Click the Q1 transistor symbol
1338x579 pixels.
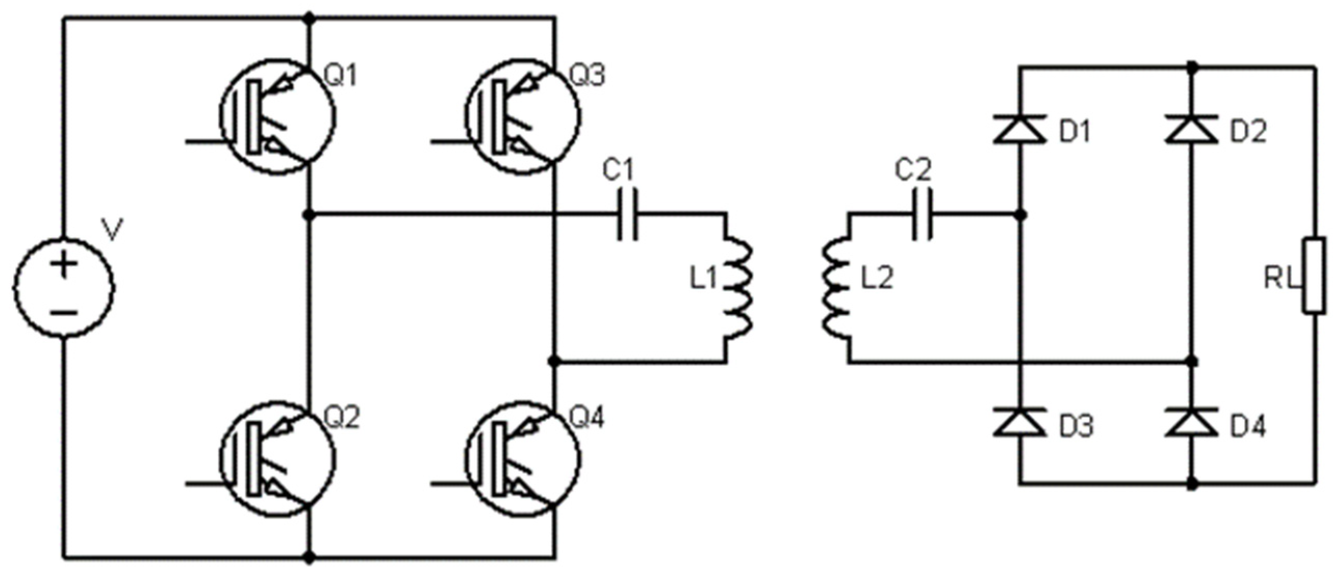pos(277,116)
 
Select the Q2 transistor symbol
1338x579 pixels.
pos(277,458)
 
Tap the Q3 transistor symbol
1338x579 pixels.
pos(522,116)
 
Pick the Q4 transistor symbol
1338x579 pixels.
pos(522,458)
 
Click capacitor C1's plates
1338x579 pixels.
pos(627,214)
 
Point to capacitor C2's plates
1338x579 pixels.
pos(923,214)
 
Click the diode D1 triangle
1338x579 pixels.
pos(1019,129)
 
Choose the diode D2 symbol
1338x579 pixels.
pos(1192,129)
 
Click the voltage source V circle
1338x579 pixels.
pos(64,287)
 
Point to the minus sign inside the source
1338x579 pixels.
pos(64,313)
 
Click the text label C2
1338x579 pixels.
pos(913,170)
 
